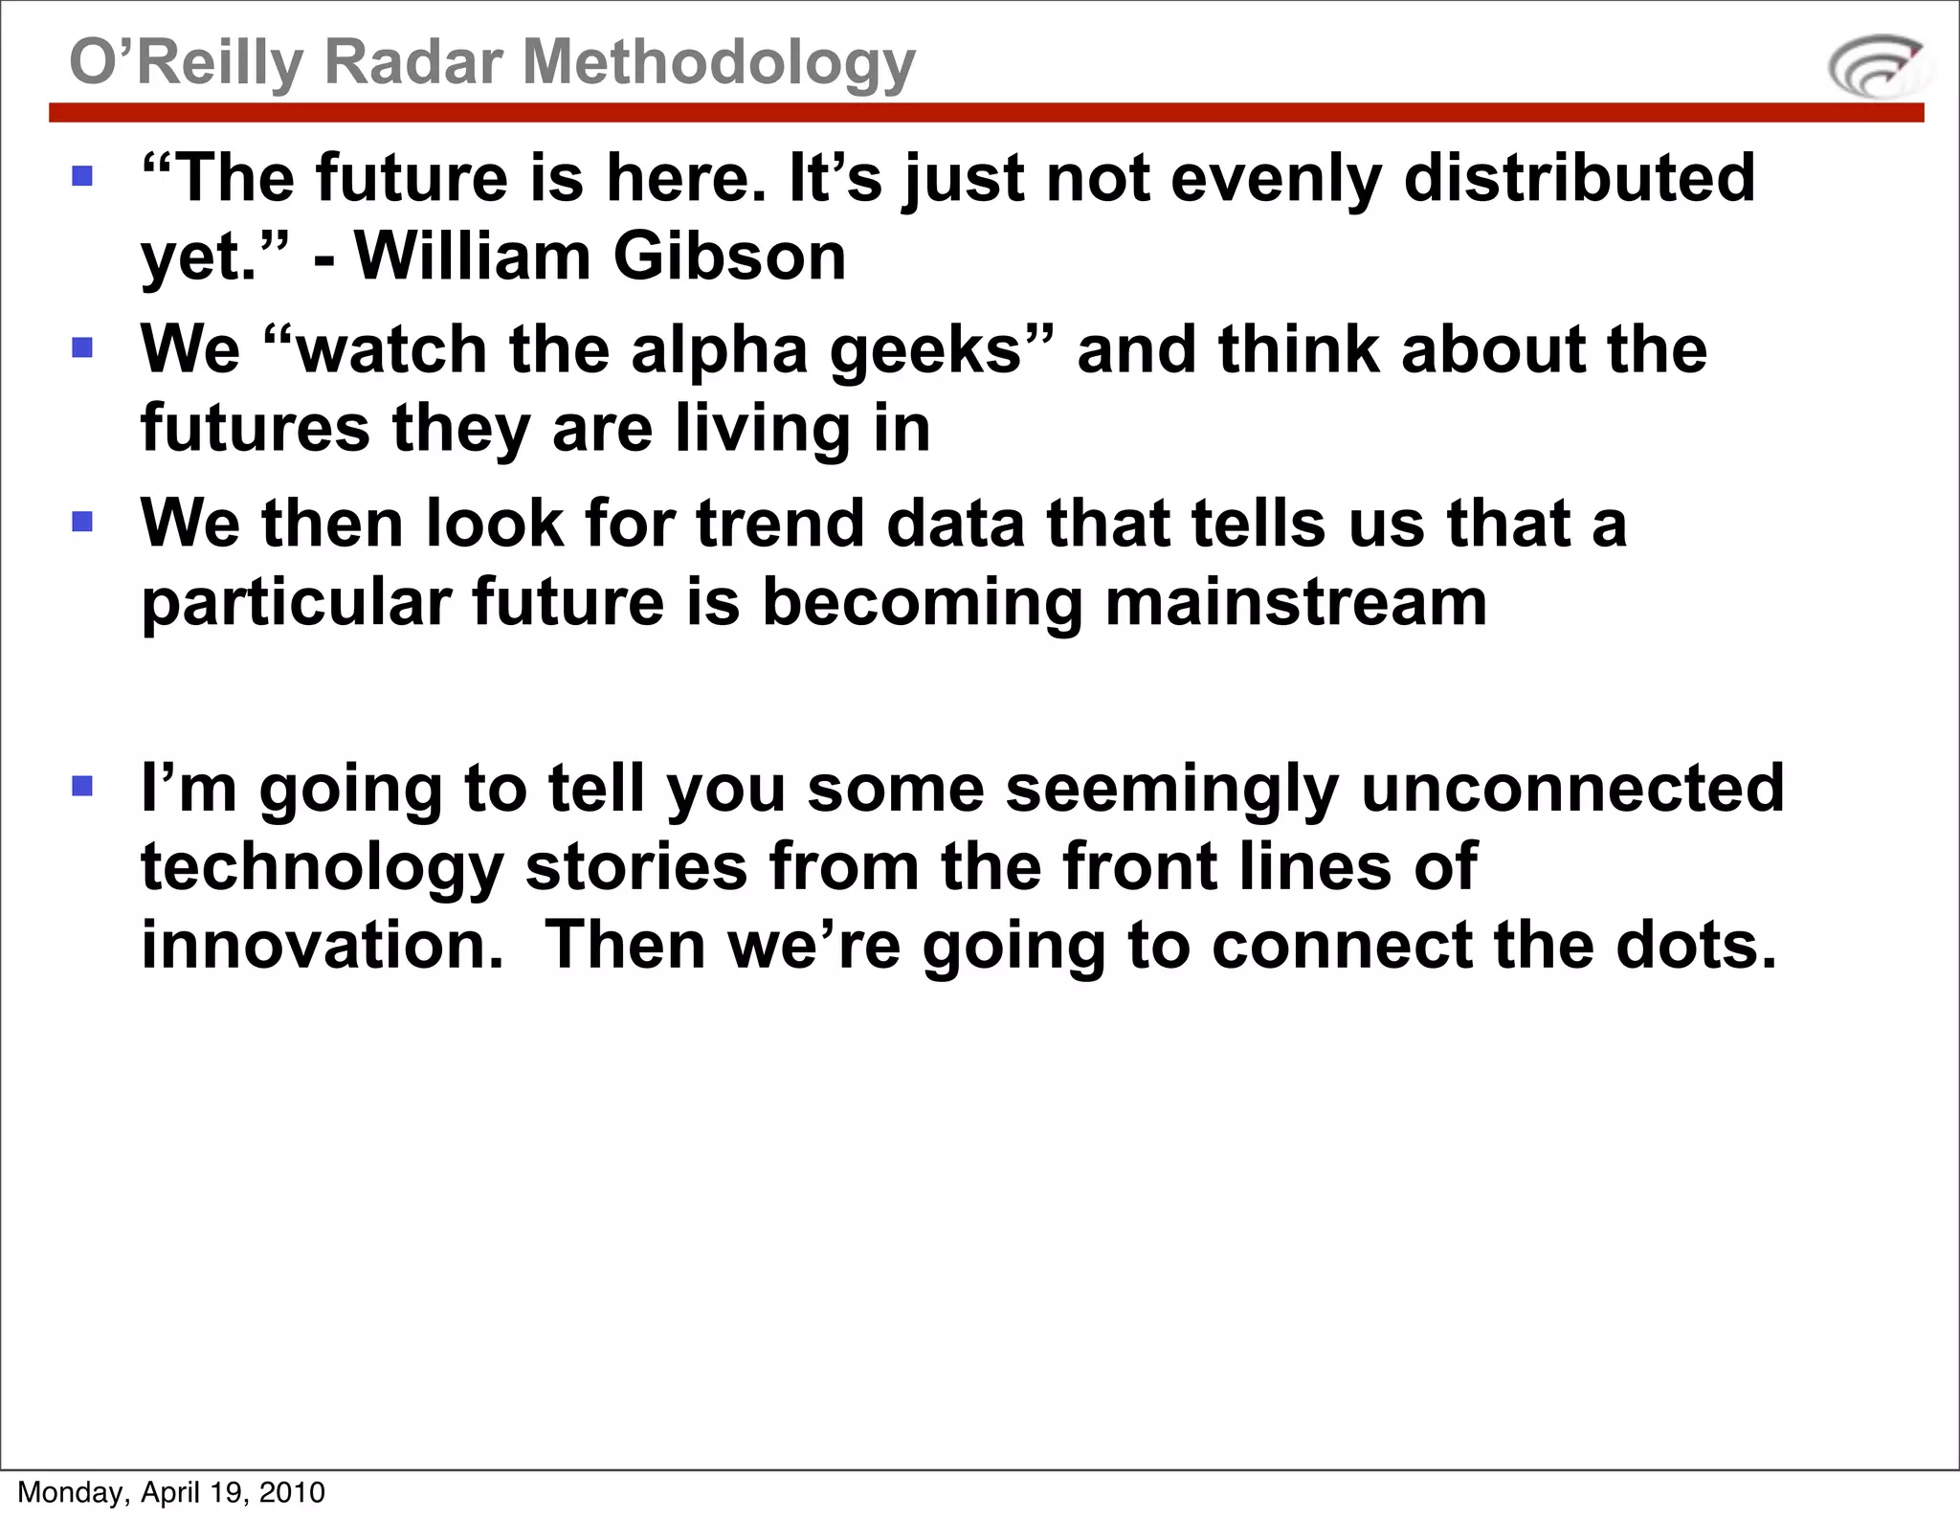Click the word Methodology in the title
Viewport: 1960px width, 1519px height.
pyautogui.click(x=719, y=63)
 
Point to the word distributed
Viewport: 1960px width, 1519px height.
pyautogui.click(x=1579, y=178)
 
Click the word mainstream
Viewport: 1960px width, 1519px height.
pyautogui.click(x=1296, y=602)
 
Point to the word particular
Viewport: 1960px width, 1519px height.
pyautogui.click(x=296, y=604)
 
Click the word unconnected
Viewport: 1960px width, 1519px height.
pyautogui.click(x=1572, y=789)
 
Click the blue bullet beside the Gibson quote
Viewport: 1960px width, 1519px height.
pyautogui.click(x=83, y=176)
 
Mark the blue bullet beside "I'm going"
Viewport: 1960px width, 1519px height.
pyautogui.click(x=83, y=786)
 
